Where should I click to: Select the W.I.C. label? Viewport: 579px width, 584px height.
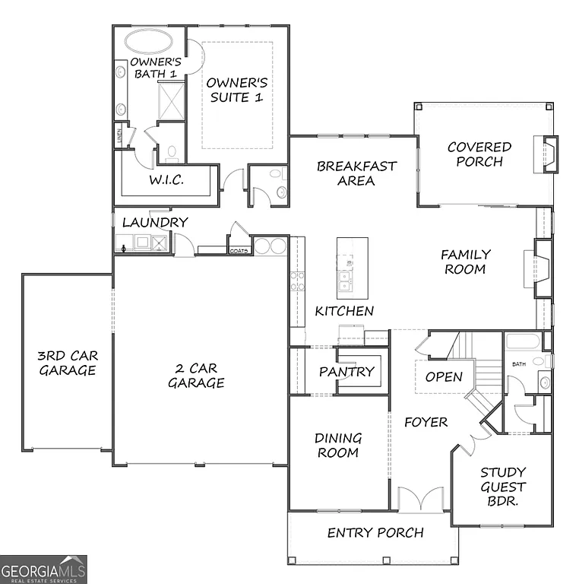click(164, 181)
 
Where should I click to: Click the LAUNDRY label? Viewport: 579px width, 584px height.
click(155, 222)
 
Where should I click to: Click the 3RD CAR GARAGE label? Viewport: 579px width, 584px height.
click(68, 363)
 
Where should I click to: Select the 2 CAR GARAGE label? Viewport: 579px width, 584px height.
click(196, 376)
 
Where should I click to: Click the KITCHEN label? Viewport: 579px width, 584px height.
click(344, 311)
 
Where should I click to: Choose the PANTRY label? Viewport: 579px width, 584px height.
click(346, 371)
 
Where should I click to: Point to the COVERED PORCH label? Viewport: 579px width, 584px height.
click(479, 154)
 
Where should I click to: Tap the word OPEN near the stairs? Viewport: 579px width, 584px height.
click(443, 376)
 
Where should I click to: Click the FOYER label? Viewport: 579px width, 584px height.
click(426, 422)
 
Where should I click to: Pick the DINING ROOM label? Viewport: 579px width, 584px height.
click(338, 445)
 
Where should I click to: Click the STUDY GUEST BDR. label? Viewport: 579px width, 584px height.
click(503, 487)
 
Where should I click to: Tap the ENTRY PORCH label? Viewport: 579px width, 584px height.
click(375, 532)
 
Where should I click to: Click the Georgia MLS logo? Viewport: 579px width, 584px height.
click(43, 569)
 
